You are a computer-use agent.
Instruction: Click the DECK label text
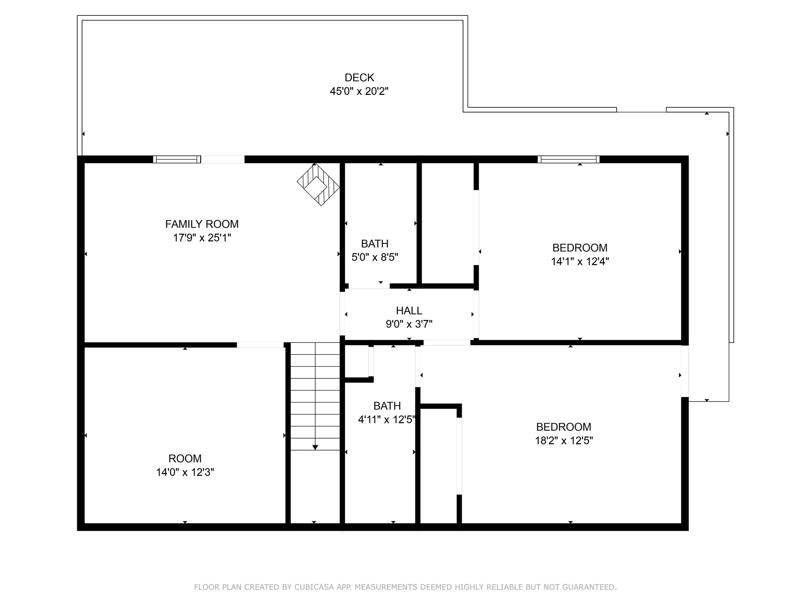coord(359,78)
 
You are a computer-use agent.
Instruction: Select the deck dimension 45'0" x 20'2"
coord(359,91)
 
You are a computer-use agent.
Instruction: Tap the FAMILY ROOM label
coord(202,224)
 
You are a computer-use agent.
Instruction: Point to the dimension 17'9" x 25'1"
coord(202,238)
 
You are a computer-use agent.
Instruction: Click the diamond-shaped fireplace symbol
coord(318,184)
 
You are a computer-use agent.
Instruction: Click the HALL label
coord(409,310)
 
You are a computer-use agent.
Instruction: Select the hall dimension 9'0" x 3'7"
coord(409,324)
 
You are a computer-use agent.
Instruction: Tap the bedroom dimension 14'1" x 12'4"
coord(580,261)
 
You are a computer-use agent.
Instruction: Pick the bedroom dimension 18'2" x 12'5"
coord(564,441)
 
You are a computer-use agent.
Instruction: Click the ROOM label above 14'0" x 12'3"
coord(185,458)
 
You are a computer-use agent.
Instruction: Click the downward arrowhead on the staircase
coord(315,447)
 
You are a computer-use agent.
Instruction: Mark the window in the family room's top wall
coord(177,160)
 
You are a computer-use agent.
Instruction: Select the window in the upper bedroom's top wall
coord(568,160)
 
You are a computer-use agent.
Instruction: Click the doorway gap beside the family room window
coord(223,160)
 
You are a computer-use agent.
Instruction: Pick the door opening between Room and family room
coord(260,345)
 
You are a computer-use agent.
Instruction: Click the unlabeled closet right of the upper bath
coord(447,224)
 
